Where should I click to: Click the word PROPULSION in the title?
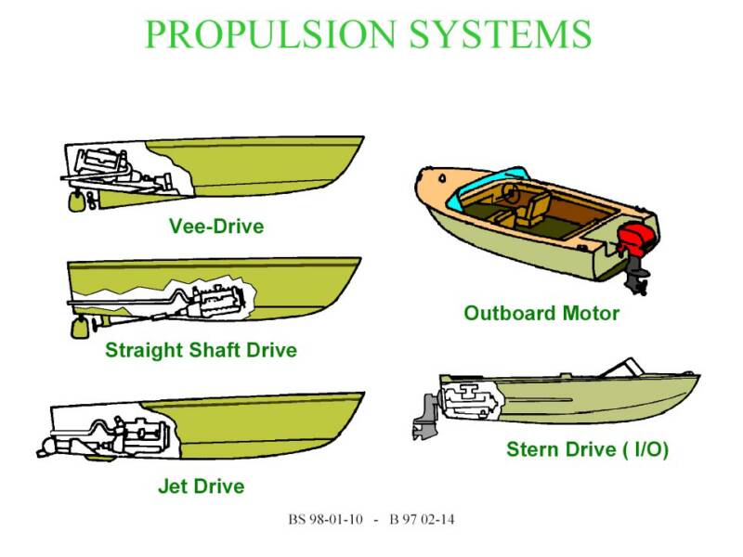[x=269, y=34]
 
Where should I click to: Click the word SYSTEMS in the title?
[x=501, y=34]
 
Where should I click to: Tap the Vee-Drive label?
[x=216, y=226]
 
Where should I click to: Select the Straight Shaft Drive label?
[x=201, y=350]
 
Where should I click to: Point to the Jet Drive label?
[x=202, y=486]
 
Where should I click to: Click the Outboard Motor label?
[x=541, y=313]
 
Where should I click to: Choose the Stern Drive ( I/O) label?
[x=588, y=449]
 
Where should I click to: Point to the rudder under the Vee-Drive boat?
[x=76, y=201]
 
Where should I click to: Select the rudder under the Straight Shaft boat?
[x=80, y=328]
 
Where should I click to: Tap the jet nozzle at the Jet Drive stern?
[x=47, y=447]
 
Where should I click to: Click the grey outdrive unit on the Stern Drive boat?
[x=427, y=417]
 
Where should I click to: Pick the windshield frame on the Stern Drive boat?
[x=621, y=367]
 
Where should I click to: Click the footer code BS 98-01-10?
[x=326, y=520]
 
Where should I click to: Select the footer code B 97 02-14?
[x=422, y=520]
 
